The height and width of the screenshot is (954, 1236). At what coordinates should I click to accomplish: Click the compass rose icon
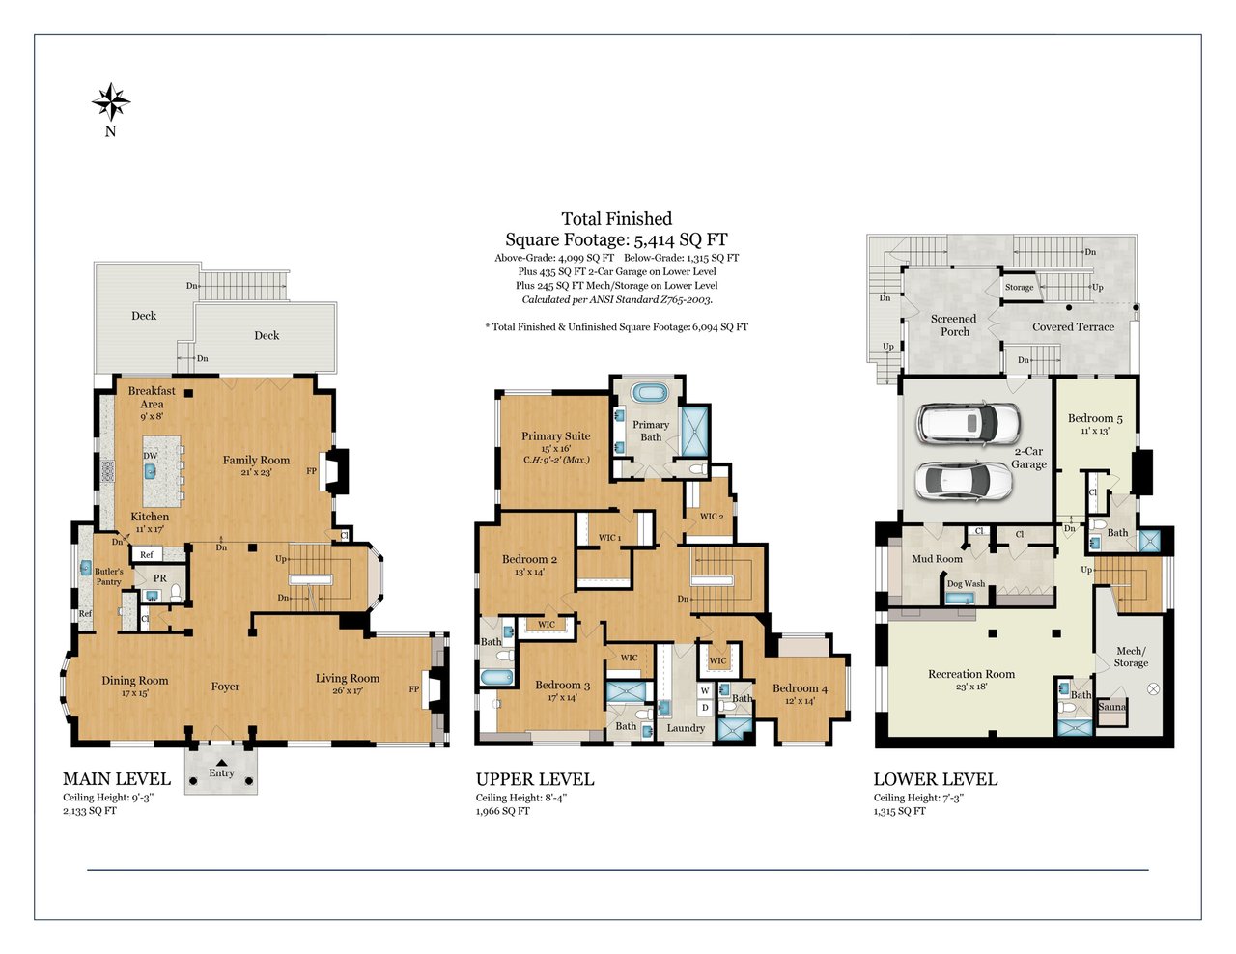pyautogui.click(x=111, y=102)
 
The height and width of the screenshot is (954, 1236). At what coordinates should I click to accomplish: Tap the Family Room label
pyautogui.click(x=256, y=460)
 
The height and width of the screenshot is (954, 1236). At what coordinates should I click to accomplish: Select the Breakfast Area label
pyautogui.click(x=152, y=398)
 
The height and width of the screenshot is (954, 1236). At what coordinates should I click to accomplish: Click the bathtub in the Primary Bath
pyautogui.click(x=650, y=392)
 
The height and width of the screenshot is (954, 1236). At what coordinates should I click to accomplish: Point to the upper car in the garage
pyautogui.click(x=969, y=424)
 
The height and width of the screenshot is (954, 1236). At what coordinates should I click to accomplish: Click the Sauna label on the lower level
pyautogui.click(x=1112, y=707)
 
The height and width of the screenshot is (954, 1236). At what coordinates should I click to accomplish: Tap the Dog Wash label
pyautogui.click(x=966, y=583)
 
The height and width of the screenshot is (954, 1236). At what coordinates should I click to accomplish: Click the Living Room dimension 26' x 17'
pyautogui.click(x=348, y=691)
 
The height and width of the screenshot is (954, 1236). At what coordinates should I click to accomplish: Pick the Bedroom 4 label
pyautogui.click(x=800, y=688)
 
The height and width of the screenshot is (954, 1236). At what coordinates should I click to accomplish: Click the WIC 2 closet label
pyautogui.click(x=712, y=517)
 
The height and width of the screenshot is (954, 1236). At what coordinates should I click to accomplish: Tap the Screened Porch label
pyautogui.click(x=954, y=325)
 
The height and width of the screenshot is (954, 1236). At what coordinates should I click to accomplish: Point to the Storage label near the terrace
pyautogui.click(x=1020, y=287)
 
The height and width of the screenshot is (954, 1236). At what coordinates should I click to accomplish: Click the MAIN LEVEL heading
pyautogui.click(x=117, y=779)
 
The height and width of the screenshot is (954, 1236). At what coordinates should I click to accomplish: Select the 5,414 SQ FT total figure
pyautogui.click(x=681, y=239)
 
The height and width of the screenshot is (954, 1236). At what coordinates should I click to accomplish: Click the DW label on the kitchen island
pyautogui.click(x=151, y=456)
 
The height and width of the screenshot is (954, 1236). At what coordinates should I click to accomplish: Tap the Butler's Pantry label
pyautogui.click(x=109, y=576)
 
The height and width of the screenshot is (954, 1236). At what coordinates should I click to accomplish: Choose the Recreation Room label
pyautogui.click(x=971, y=674)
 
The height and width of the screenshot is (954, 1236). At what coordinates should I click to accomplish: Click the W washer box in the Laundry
pyautogui.click(x=705, y=691)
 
